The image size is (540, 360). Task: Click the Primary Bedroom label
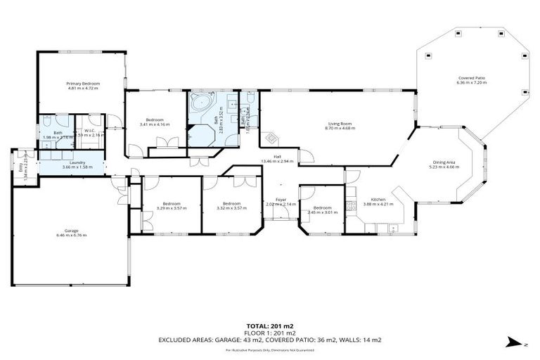[82, 84]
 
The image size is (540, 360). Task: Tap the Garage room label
[71, 231]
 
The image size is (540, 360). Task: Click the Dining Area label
[445, 162]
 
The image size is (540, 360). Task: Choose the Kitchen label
[378, 200]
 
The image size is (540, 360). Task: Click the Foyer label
[281, 200]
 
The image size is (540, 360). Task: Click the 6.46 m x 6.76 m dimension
[71, 236]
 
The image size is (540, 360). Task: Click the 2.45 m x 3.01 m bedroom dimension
[322, 212]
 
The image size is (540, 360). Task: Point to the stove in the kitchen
[349, 207]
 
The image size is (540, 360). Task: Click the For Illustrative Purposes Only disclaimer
[269, 349]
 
